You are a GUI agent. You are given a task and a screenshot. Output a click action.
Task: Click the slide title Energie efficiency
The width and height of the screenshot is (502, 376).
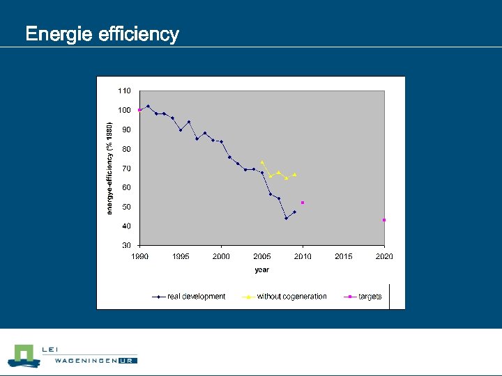click(102, 34)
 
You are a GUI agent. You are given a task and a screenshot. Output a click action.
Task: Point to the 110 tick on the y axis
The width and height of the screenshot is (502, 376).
click(124, 91)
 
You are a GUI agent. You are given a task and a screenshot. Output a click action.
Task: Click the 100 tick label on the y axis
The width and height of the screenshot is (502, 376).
click(124, 110)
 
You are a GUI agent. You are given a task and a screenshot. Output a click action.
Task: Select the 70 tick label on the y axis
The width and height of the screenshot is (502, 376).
click(125, 169)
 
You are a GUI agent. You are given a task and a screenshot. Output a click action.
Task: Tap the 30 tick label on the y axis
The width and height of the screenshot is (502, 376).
click(125, 246)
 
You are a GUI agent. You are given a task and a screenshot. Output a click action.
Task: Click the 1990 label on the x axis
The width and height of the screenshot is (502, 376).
click(140, 257)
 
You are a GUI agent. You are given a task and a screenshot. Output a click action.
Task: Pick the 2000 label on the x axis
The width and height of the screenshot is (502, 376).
click(221, 257)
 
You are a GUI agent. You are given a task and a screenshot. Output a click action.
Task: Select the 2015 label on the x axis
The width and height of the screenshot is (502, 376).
click(343, 257)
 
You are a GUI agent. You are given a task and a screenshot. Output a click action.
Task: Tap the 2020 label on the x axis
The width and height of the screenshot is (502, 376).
click(384, 257)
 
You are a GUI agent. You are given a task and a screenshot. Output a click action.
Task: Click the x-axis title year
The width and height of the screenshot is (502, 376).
click(261, 270)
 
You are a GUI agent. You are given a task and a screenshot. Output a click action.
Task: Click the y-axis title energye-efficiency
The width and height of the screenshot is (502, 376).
click(109, 169)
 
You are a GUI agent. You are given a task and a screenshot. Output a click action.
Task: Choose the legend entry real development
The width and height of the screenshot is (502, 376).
click(196, 297)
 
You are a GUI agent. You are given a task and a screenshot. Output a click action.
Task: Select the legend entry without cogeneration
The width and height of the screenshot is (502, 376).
click(291, 297)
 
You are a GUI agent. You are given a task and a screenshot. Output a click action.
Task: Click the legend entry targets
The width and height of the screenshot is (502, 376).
click(370, 297)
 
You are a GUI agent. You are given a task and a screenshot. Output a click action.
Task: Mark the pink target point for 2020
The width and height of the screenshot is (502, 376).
click(384, 220)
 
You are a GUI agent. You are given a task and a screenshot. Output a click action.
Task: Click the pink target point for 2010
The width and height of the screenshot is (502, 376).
click(303, 203)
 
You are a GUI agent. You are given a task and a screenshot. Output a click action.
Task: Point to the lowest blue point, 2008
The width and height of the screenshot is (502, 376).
click(286, 218)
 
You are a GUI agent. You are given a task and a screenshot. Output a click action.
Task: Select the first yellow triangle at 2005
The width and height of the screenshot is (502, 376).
click(262, 162)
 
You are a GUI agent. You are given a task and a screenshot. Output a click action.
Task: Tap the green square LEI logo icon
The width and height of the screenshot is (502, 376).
click(23, 355)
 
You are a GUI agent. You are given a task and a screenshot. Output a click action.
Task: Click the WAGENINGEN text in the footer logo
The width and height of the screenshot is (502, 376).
click(79, 361)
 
